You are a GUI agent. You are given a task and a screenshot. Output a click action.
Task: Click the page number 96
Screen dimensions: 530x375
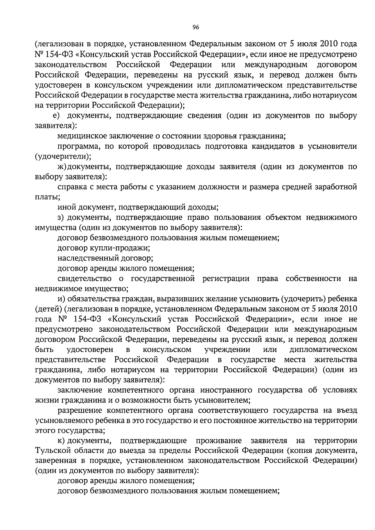pos(196,27)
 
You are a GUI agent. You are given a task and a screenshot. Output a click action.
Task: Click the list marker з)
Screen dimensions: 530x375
pos(61,217)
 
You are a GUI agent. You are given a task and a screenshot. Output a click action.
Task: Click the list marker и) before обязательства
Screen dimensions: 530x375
pos(61,299)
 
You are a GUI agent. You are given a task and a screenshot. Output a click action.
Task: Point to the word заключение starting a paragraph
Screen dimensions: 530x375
pos(80,390)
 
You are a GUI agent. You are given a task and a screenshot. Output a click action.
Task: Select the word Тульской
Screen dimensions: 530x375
pos(52,451)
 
